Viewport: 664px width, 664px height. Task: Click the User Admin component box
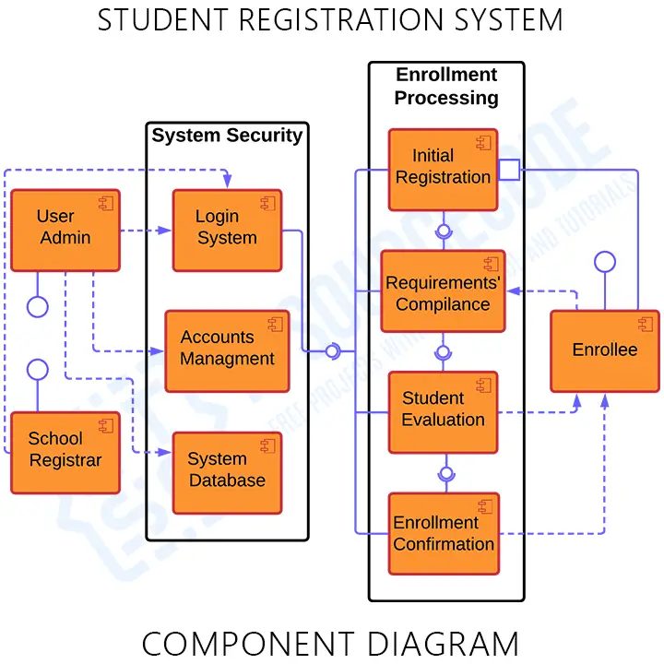tap(65, 231)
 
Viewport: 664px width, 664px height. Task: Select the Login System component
tap(227, 231)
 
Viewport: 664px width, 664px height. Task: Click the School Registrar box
tap(65, 452)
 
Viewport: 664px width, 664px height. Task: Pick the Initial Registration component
tap(443, 169)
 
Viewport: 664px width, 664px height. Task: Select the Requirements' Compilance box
tap(443, 291)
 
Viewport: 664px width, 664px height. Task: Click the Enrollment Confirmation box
tap(443, 533)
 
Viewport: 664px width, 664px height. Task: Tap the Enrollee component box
tap(604, 350)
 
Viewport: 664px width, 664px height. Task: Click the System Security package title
tap(227, 136)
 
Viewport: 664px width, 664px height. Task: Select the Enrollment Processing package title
tap(446, 86)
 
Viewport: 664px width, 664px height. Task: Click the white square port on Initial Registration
tap(509, 170)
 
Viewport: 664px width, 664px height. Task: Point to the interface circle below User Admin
tap(37, 306)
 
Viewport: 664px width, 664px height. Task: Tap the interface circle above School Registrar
tap(37, 370)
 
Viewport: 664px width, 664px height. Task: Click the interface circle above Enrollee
tap(604, 261)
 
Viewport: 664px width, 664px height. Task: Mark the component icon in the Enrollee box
tap(645, 324)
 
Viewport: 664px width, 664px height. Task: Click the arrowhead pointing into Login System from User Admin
tap(167, 231)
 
